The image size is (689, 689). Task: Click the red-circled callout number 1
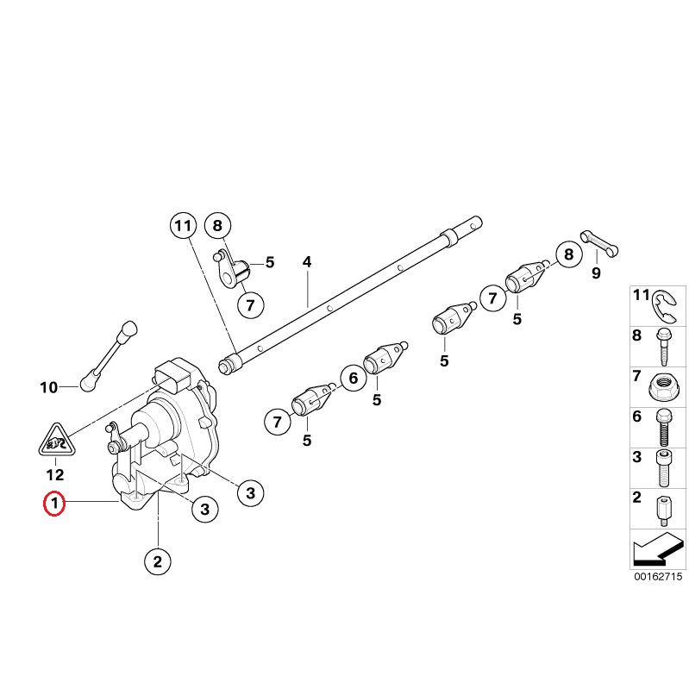pyautogui.click(x=54, y=503)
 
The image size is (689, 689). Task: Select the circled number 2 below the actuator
pyautogui.click(x=156, y=562)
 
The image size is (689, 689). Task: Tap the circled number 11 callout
pyautogui.click(x=182, y=227)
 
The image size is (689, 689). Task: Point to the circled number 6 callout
pyautogui.click(x=351, y=378)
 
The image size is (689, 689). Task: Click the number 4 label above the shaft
pyautogui.click(x=306, y=262)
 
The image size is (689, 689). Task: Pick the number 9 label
pyautogui.click(x=595, y=273)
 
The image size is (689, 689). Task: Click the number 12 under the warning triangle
pyautogui.click(x=54, y=473)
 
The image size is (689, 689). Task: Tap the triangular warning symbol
pyautogui.click(x=54, y=442)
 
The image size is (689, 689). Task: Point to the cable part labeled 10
pyautogui.click(x=110, y=354)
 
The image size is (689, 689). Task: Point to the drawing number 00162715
pyautogui.click(x=657, y=576)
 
